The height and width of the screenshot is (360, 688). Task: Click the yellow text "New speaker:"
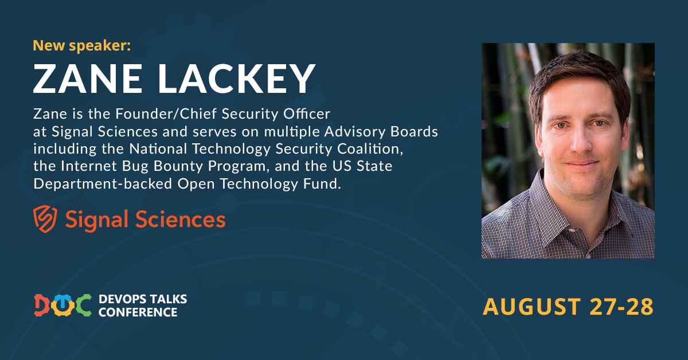click(81, 46)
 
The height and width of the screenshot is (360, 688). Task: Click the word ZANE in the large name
click(88, 79)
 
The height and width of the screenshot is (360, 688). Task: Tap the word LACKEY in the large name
click(237, 79)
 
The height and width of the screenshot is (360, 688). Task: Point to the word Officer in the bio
click(307, 114)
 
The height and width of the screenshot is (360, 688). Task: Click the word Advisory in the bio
click(354, 132)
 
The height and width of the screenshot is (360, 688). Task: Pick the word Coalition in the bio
click(370, 149)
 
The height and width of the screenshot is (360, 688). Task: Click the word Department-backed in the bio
click(103, 184)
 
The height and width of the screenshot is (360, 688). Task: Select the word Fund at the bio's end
click(322, 183)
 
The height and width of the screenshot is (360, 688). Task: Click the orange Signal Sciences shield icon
click(45, 219)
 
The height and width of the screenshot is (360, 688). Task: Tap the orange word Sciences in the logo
click(180, 220)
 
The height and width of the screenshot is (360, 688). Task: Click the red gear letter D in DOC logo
click(42, 306)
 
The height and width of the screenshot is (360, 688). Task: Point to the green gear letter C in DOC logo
click(83, 306)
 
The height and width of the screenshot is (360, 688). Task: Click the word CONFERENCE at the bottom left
click(138, 312)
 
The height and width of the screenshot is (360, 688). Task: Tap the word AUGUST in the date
click(531, 307)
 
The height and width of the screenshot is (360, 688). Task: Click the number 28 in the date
click(640, 307)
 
